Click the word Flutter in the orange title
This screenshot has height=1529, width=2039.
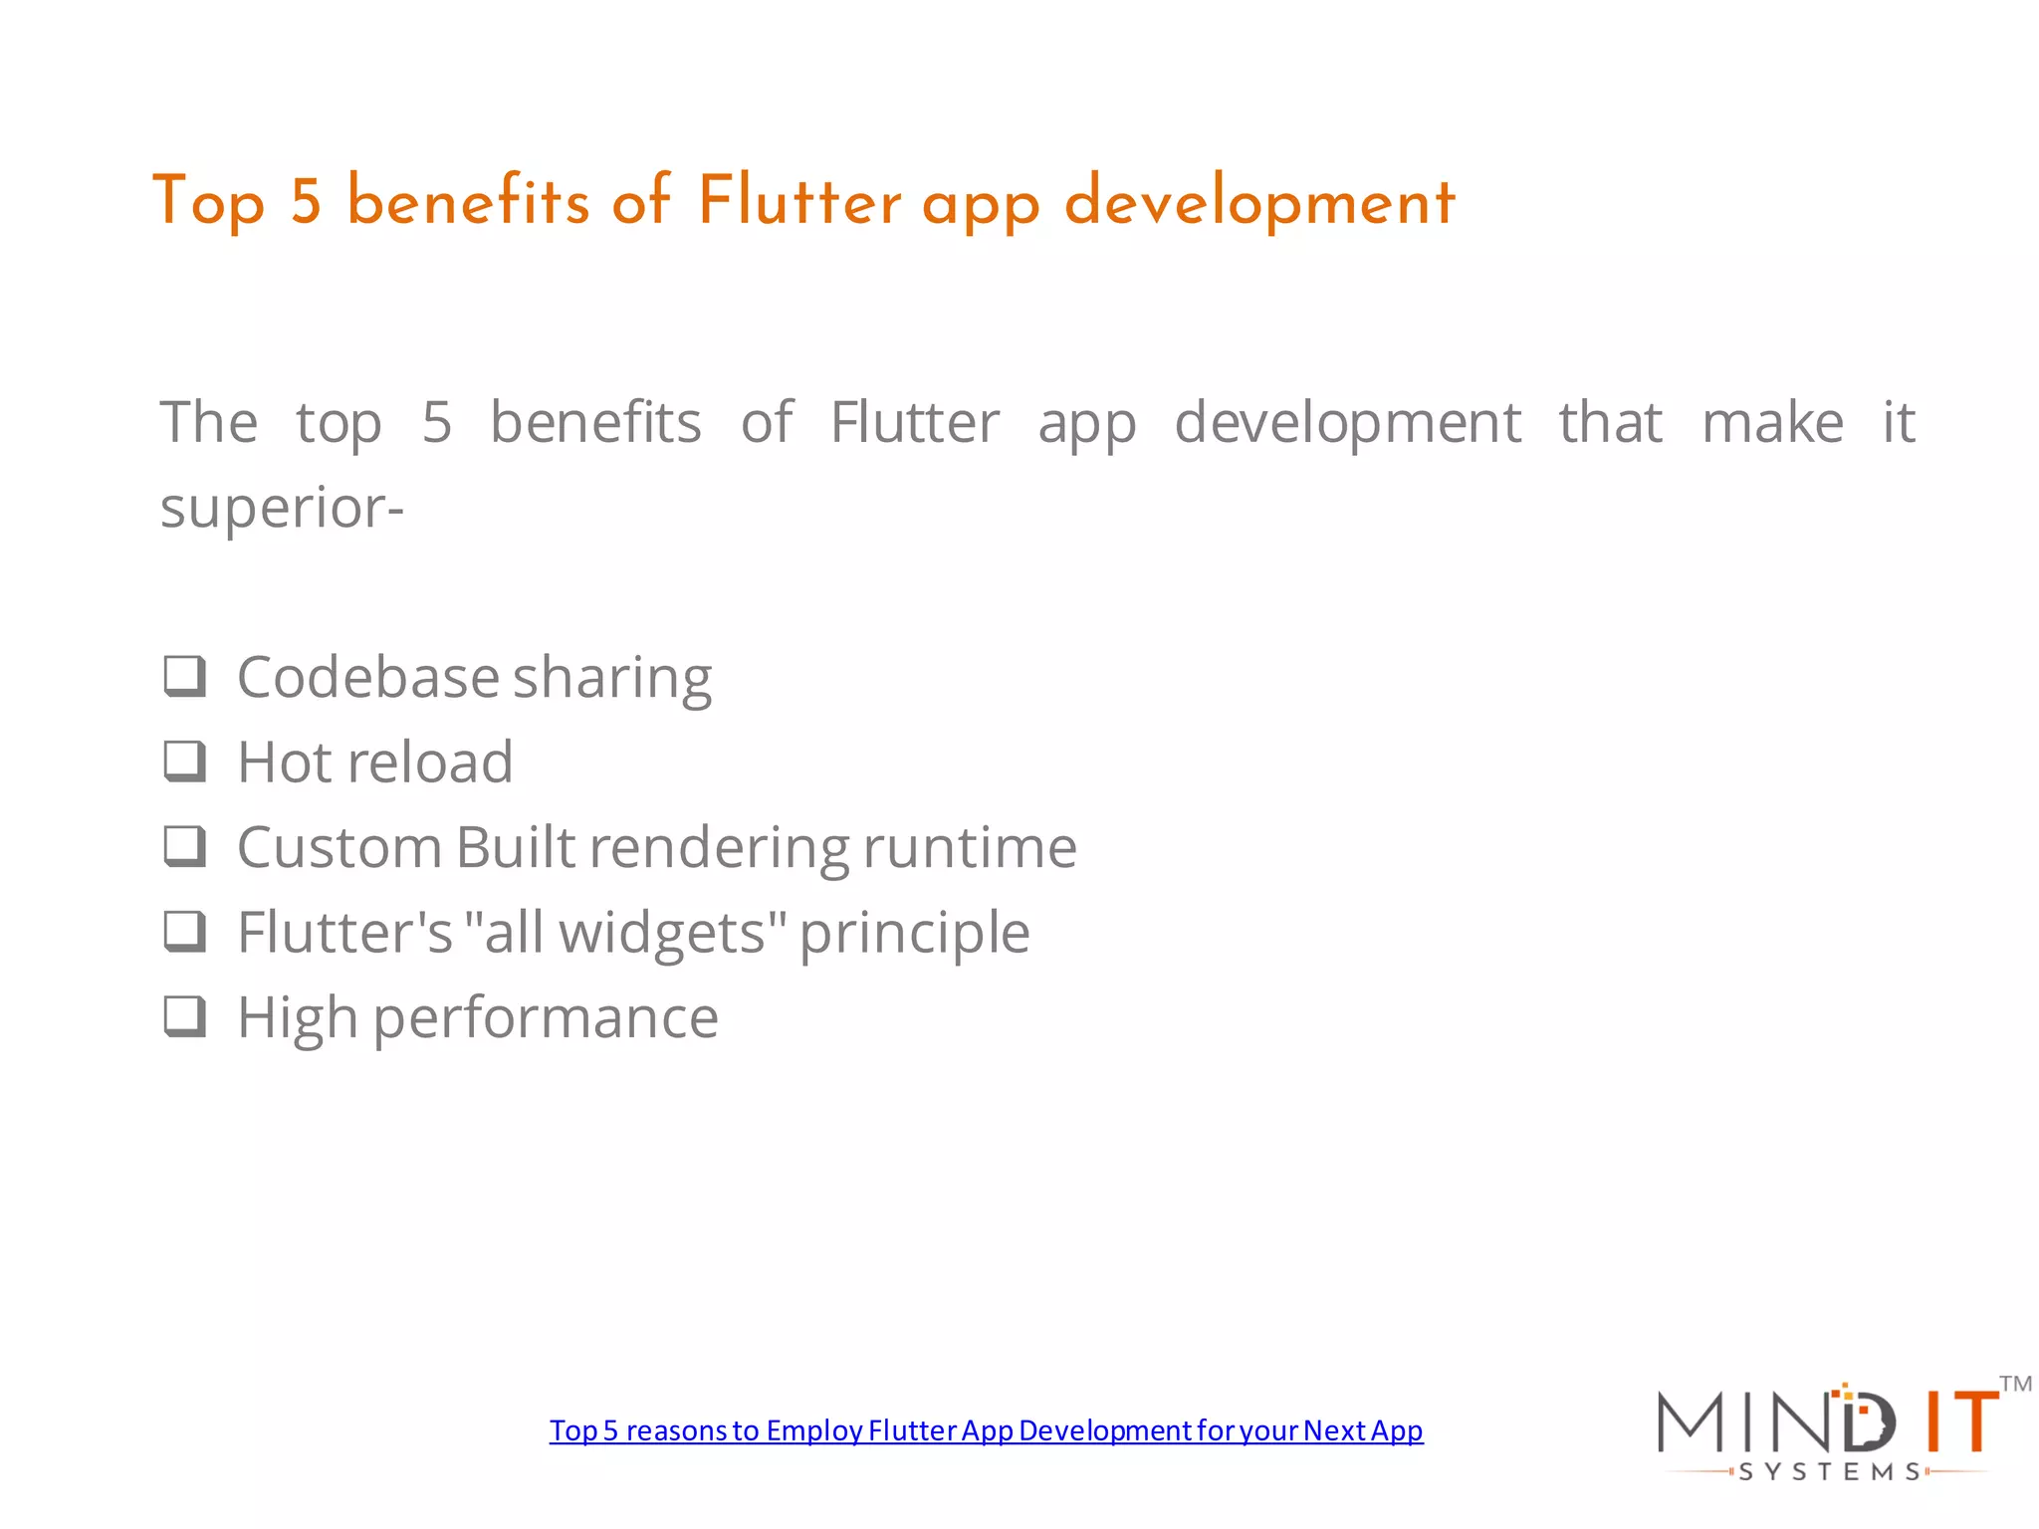[x=798, y=201]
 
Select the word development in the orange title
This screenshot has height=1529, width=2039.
[x=1259, y=203]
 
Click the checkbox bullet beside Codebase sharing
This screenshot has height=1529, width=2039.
[x=185, y=677]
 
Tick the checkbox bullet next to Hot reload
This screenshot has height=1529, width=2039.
[x=185, y=762]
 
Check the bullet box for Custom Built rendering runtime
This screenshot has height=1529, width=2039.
[x=185, y=847]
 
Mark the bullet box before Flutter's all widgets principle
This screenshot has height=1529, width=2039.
[x=185, y=932]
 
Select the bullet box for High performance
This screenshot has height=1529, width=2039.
[x=185, y=1017]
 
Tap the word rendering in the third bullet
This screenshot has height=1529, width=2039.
[x=719, y=848]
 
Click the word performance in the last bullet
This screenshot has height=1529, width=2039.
[x=546, y=1019]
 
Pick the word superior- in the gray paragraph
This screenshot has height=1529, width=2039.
[x=282, y=508]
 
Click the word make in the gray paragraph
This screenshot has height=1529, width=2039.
[x=1772, y=422]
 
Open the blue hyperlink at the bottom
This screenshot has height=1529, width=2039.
[x=986, y=1430]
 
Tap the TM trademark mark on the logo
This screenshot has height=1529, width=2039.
[x=2015, y=1384]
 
